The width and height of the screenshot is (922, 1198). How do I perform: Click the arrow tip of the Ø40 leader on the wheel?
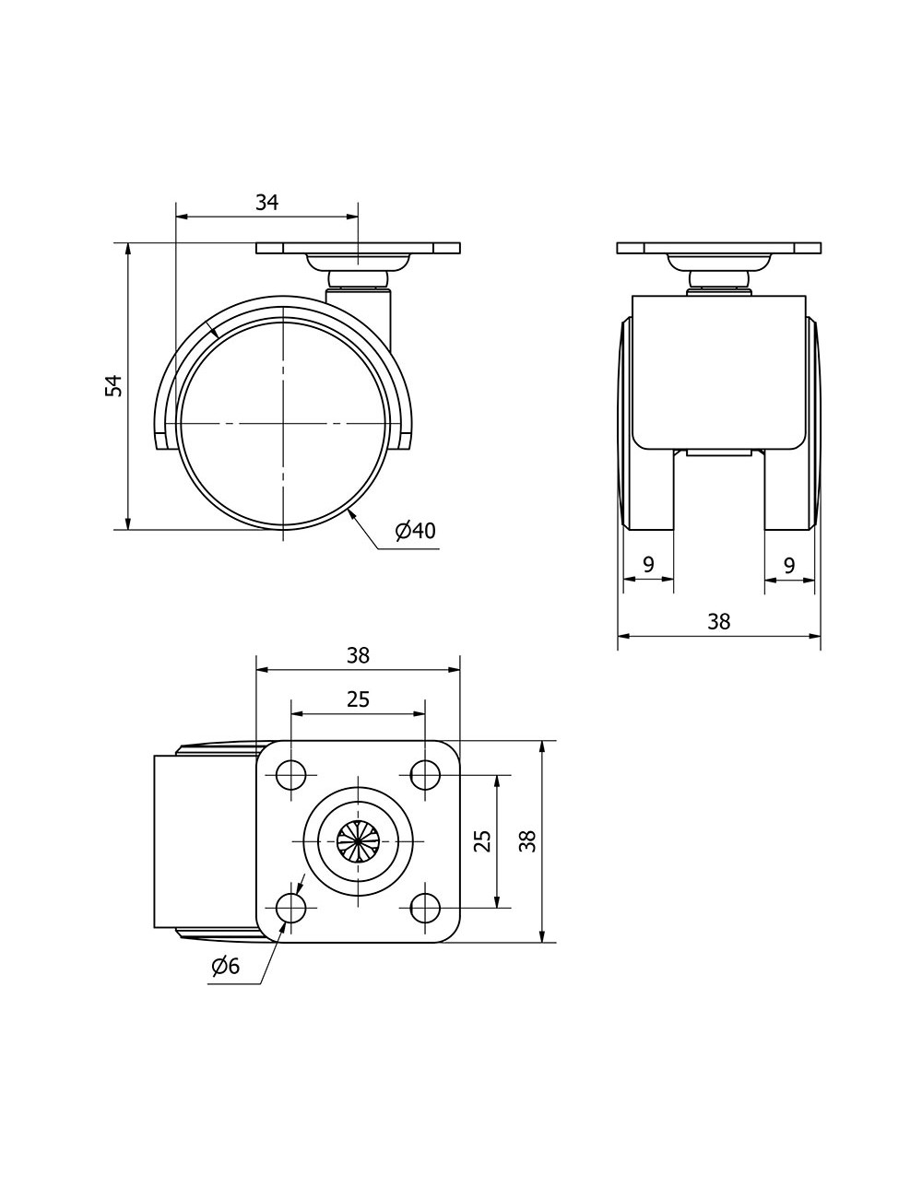tap(348, 511)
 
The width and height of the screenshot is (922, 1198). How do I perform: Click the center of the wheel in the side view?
tap(283, 424)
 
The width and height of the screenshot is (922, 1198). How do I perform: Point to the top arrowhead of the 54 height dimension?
tap(128, 243)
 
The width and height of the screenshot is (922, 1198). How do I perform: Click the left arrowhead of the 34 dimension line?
tap(177, 217)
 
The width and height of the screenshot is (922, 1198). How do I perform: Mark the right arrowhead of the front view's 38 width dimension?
tap(820, 636)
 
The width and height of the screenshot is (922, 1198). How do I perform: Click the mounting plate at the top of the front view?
tap(719, 248)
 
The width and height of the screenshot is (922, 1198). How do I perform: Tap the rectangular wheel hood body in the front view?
tap(719, 372)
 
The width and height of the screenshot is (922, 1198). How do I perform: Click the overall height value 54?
tap(113, 386)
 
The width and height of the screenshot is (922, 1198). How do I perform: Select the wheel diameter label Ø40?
tap(416, 531)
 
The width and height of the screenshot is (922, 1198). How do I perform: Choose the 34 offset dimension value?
tap(266, 203)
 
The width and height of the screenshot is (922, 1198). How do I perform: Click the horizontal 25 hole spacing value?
tap(358, 699)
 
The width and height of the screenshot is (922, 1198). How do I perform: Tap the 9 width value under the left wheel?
tap(648, 564)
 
